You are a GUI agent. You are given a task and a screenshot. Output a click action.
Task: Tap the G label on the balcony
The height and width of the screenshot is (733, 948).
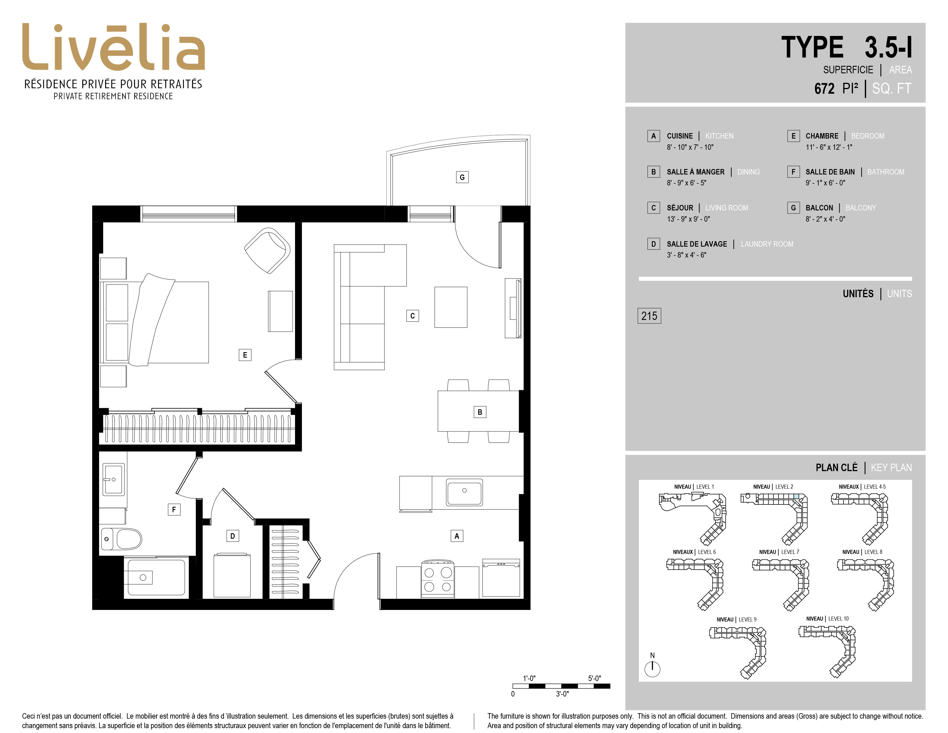[x=462, y=177]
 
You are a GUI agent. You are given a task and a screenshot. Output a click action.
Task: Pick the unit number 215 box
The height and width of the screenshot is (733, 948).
[x=649, y=316]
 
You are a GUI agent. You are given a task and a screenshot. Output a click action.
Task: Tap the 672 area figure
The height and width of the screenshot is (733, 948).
[x=824, y=89]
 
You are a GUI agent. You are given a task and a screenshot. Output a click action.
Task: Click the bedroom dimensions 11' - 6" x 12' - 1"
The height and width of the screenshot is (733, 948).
[x=828, y=147]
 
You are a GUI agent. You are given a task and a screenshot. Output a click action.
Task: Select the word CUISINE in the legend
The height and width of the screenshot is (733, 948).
[x=680, y=136]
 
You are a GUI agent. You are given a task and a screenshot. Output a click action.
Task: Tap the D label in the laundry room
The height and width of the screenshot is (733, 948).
[x=232, y=536]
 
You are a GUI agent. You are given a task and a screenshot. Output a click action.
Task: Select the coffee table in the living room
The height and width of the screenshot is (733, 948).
[x=450, y=307]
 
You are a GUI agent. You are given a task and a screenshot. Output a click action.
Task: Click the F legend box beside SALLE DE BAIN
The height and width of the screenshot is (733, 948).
[x=793, y=172]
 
